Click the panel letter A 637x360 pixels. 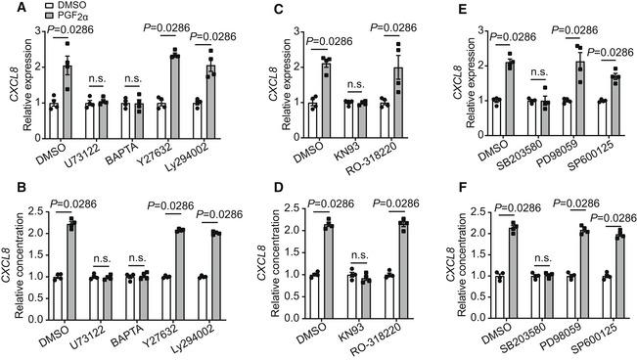(8, 8)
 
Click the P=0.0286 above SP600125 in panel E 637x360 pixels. (614, 51)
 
